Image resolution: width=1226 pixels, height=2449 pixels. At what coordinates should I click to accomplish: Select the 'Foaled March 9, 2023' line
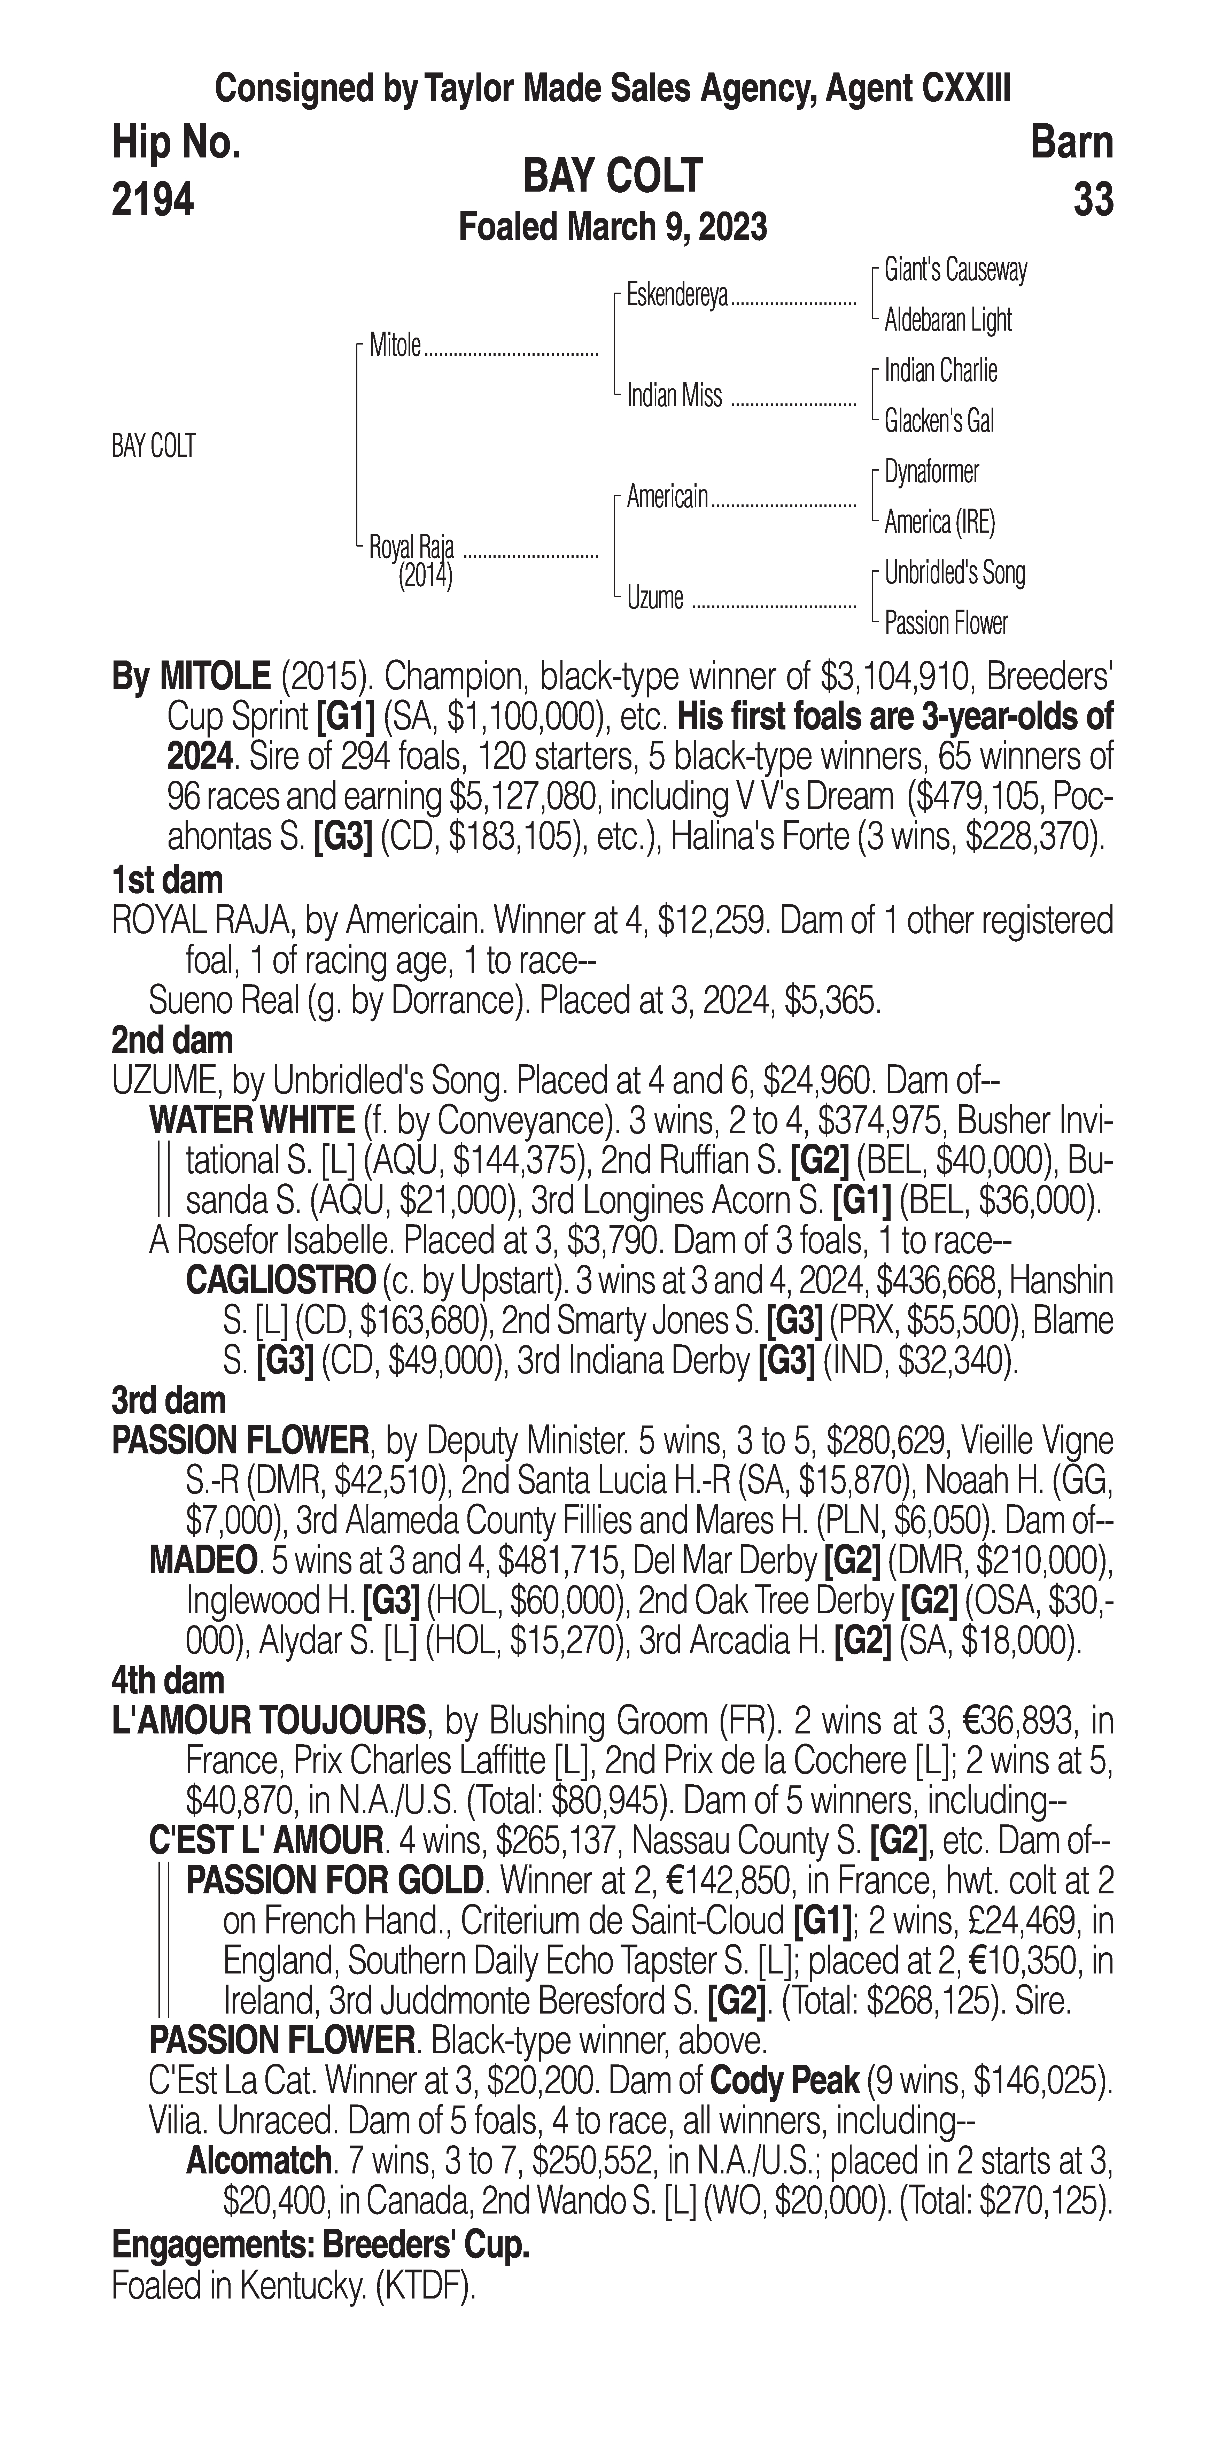pyautogui.click(x=613, y=227)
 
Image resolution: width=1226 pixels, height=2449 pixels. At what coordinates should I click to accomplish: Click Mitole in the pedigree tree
pyautogui.click(x=394, y=346)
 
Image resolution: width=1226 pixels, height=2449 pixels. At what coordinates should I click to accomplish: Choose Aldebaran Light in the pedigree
pyautogui.click(x=947, y=320)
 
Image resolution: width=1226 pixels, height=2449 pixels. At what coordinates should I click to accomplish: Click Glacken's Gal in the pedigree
pyautogui.click(x=939, y=421)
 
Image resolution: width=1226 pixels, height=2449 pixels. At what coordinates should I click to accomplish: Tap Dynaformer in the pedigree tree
pyautogui.click(x=931, y=472)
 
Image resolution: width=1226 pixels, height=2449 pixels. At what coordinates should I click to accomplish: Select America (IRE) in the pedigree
pyautogui.click(x=939, y=522)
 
